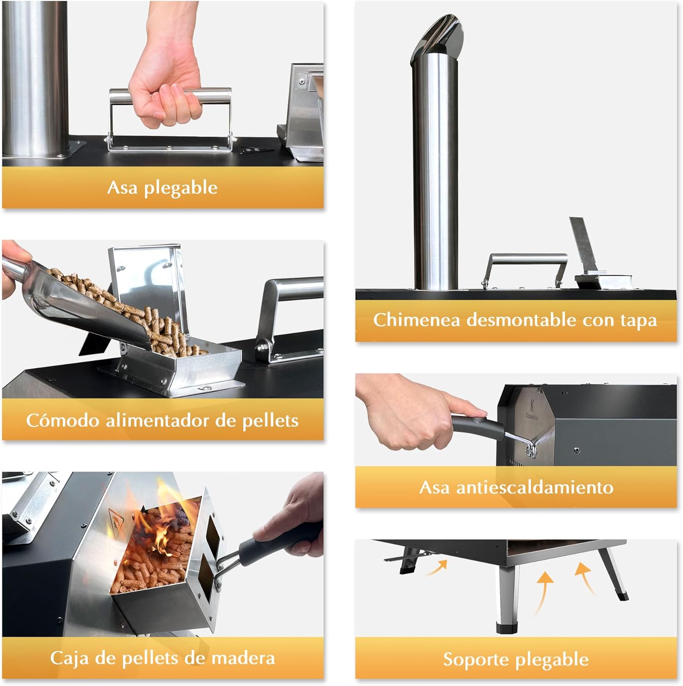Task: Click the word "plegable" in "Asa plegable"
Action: click(x=181, y=188)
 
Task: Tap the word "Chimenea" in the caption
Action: click(x=416, y=320)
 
